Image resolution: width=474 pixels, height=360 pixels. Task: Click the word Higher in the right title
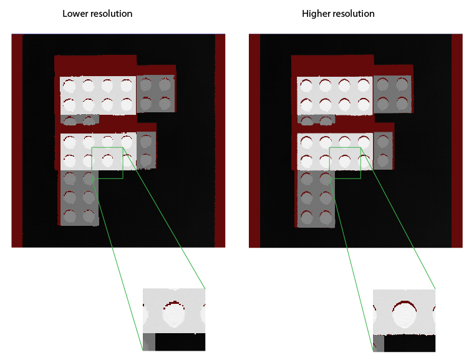[316, 14]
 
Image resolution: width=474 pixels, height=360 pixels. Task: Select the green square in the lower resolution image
[107, 163]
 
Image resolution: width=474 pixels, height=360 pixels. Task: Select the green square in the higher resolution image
[345, 163]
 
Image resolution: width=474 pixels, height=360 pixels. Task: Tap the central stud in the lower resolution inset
[173, 315]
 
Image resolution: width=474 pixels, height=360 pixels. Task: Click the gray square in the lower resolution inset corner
[148, 342]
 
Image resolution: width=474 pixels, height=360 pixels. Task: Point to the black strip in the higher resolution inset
[409, 343]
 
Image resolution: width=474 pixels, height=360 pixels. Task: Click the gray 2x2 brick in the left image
[156, 94]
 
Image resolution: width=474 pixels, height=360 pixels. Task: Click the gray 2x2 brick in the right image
[394, 94]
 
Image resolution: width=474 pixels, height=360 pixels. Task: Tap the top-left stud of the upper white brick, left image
[69, 84]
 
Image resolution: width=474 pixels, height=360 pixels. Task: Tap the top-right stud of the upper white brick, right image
[363, 85]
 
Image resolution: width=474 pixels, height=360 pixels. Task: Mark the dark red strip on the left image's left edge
[17, 140]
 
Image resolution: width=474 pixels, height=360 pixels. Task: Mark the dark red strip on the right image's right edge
[457, 140]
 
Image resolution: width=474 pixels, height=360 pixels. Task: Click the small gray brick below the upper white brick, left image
[80, 119]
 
